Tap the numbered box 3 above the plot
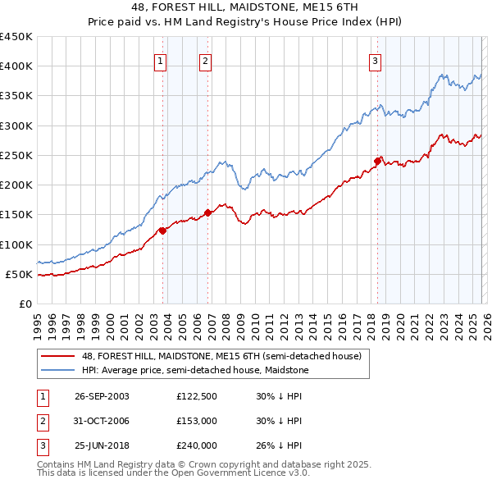click(x=375, y=60)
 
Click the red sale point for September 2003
click(x=163, y=231)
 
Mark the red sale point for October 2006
click(x=208, y=212)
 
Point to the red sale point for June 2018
click(x=377, y=161)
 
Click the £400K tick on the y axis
click(x=16, y=66)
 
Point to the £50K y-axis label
click(x=20, y=274)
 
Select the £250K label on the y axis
click(x=16, y=155)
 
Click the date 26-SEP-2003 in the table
click(x=102, y=395)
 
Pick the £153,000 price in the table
click(x=196, y=421)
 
